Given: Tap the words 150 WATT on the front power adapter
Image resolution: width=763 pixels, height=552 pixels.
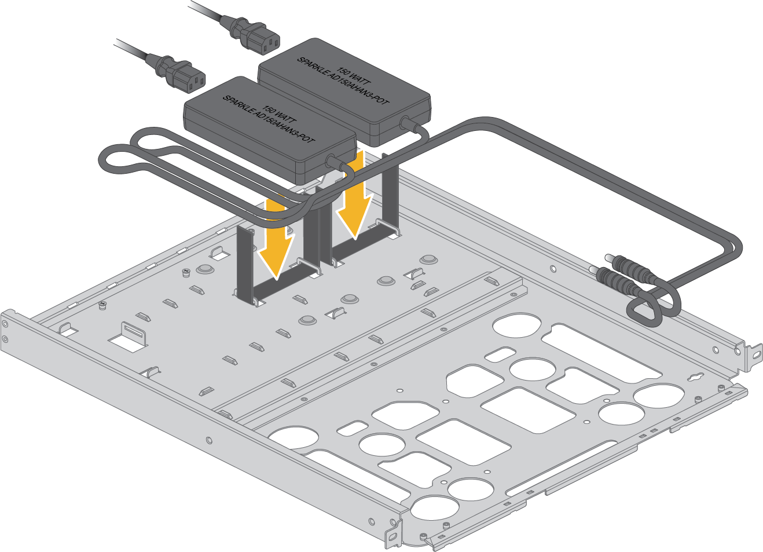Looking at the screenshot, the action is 280,115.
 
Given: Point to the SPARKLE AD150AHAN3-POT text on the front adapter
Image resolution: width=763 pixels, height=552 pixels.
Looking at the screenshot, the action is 269,119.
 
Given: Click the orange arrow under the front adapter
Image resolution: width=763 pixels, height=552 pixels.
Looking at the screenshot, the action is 276,239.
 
